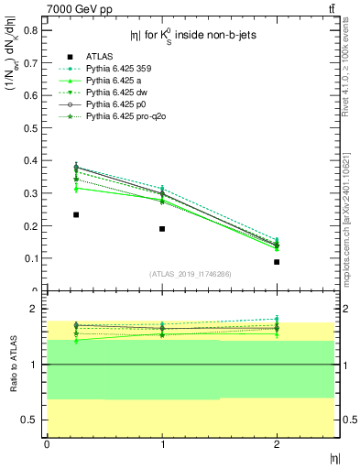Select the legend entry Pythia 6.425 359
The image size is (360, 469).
click(116, 68)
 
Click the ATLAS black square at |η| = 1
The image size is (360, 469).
click(162, 229)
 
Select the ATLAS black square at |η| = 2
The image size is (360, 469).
click(277, 262)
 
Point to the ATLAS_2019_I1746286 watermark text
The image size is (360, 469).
click(190, 274)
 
